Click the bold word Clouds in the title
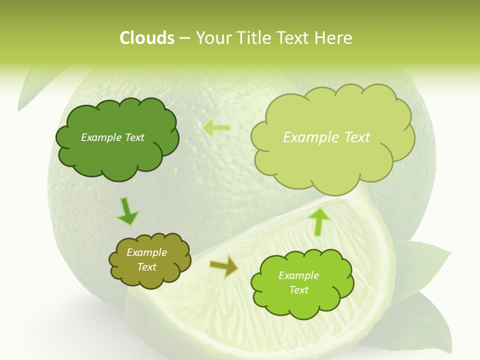146,38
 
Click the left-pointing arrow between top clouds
216,128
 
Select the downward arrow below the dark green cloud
127,210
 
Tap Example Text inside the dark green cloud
112,137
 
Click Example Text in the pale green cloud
326,137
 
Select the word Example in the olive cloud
146,252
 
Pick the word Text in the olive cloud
146,267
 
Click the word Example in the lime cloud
298,275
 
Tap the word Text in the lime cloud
298,290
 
